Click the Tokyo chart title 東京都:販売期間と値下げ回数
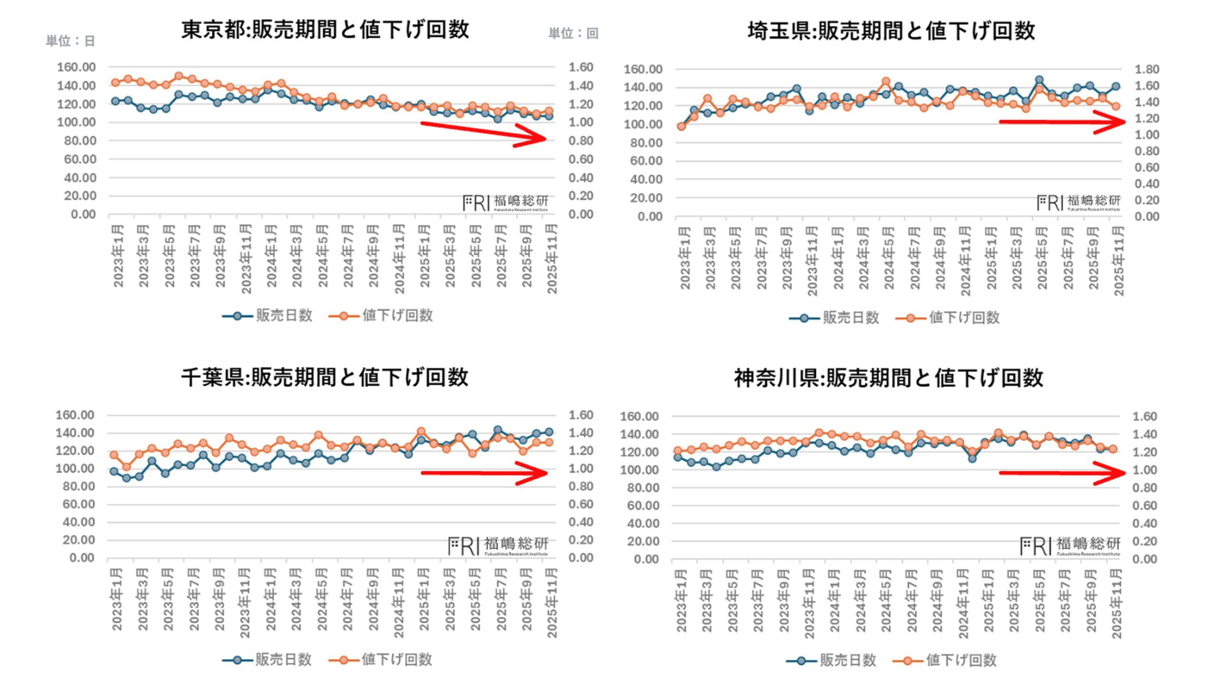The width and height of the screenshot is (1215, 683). coord(325,29)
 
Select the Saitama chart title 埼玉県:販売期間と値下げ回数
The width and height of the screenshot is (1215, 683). coord(891,31)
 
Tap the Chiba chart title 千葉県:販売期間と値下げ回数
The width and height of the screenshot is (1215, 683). coord(325,378)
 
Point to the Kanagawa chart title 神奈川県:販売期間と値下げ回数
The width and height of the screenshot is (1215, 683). coord(888,378)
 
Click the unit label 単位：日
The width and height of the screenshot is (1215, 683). coord(70,41)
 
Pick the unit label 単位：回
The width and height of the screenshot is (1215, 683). coord(573,33)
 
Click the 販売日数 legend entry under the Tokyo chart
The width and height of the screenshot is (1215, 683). coord(268,316)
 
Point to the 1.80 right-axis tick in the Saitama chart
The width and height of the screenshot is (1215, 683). coord(1147,70)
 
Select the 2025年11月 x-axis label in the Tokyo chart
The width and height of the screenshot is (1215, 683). coord(552,259)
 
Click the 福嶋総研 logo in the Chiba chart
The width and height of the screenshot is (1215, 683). coord(498,546)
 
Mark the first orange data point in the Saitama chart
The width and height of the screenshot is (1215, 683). coord(682,127)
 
